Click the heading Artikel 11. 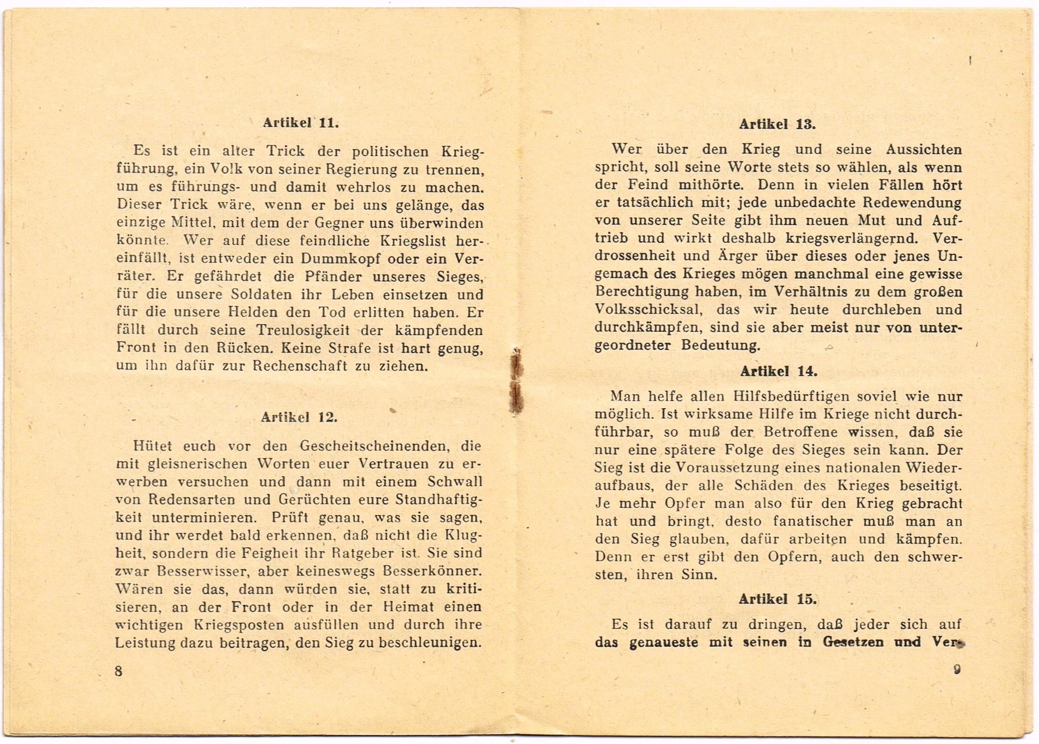[301, 123]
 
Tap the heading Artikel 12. [299, 417]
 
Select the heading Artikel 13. [777, 124]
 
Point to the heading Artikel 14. [779, 371]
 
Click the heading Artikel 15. [777, 599]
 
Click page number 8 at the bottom [119, 671]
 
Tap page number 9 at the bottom [957, 669]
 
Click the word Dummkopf [340, 258]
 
